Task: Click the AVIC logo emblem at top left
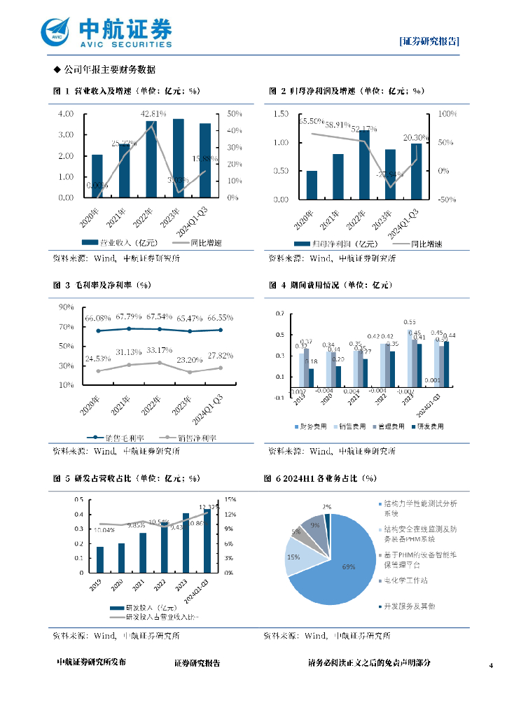click(x=57, y=32)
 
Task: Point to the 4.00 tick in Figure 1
click(x=66, y=113)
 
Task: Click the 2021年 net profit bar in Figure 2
click(x=338, y=176)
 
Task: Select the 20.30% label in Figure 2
click(x=414, y=138)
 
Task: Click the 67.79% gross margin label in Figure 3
click(x=130, y=317)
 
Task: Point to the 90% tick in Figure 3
click(x=67, y=307)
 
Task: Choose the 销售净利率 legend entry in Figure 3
click(x=188, y=438)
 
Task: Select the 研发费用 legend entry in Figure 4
click(x=427, y=426)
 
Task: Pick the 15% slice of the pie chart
click(x=294, y=557)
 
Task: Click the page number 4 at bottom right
click(x=492, y=664)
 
